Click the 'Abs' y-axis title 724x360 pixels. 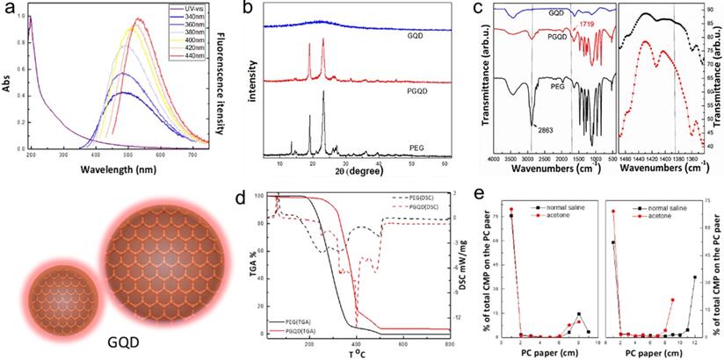point(7,88)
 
